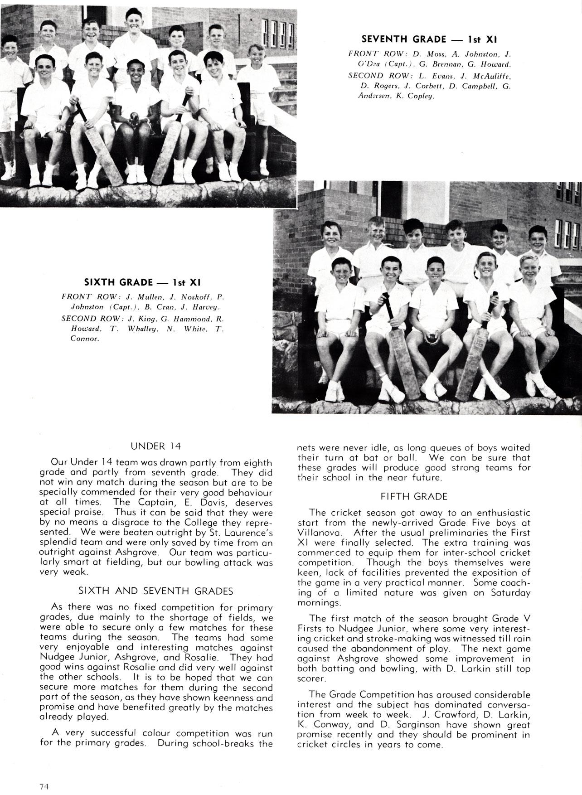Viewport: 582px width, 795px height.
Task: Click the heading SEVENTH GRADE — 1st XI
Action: (x=429, y=39)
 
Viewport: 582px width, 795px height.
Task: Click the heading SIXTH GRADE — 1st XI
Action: (x=142, y=282)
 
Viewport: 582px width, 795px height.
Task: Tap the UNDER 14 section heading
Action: (x=155, y=446)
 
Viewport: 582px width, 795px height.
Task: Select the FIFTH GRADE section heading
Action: (x=413, y=496)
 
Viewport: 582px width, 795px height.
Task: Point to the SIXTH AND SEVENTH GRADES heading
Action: (x=156, y=591)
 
